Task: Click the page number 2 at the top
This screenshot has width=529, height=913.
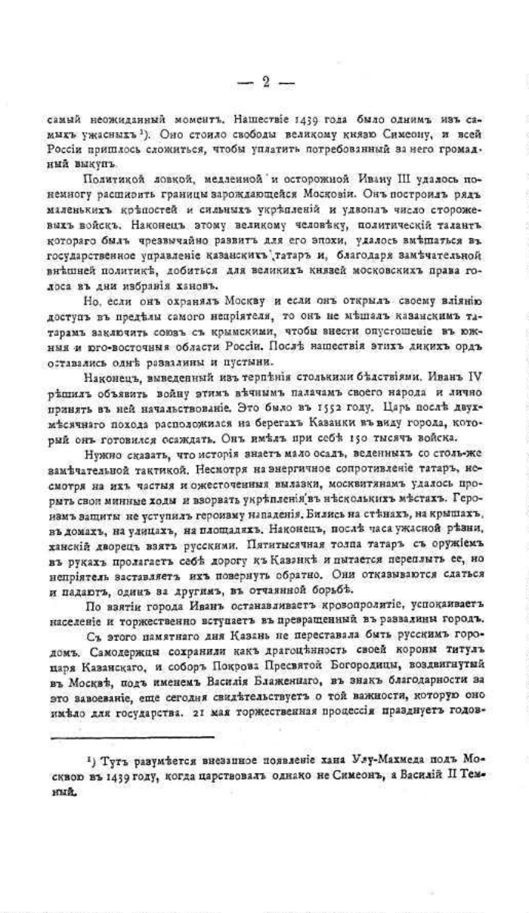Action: [x=265, y=82]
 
